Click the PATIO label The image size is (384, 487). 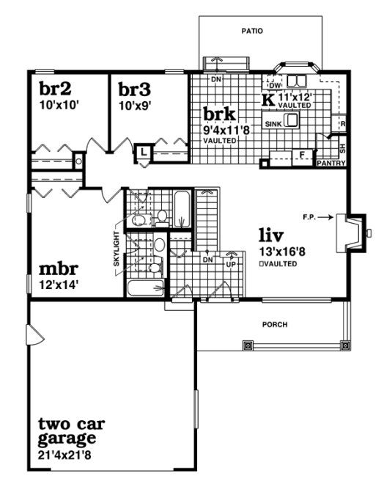click(252, 31)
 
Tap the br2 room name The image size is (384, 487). click(55, 89)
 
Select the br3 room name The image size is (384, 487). click(135, 89)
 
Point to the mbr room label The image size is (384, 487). click(58, 268)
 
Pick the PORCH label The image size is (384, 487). click(276, 324)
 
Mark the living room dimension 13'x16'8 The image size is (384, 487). click(278, 252)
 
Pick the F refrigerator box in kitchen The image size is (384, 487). click(301, 154)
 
